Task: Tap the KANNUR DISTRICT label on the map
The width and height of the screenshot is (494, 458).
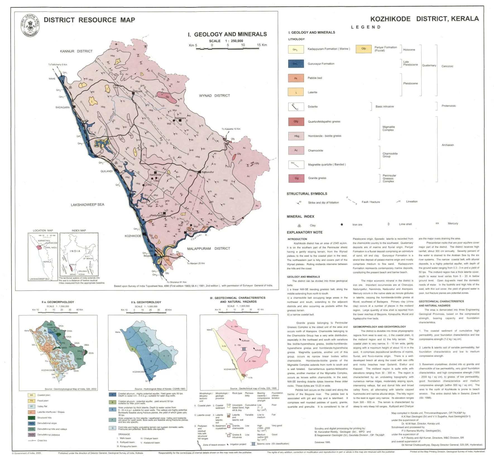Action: pyautogui.click(x=76, y=51)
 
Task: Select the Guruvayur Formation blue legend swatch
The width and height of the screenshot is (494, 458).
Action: pyautogui.click(x=296, y=64)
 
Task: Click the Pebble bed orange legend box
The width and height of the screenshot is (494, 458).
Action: pyautogui.click(x=296, y=78)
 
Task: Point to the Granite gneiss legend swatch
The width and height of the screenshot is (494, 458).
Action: pyautogui.click(x=296, y=178)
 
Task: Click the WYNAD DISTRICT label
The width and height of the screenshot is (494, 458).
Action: pyautogui.click(x=214, y=96)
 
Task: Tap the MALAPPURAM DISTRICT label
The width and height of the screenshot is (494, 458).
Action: pyautogui.click(x=208, y=248)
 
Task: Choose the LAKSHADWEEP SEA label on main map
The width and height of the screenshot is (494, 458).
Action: pyautogui.click(x=87, y=205)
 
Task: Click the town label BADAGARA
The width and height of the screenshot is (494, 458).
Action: pyautogui.click(x=63, y=107)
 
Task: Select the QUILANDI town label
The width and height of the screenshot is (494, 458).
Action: pyautogui.click(x=106, y=171)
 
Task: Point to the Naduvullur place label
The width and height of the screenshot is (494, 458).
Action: pyautogui.click(x=208, y=172)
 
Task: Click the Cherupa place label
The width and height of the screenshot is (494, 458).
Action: pyautogui.click(x=192, y=231)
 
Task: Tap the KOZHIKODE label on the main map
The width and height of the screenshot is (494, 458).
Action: pyautogui.click(x=133, y=236)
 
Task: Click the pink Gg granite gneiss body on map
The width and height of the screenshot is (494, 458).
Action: pyautogui.click(x=167, y=96)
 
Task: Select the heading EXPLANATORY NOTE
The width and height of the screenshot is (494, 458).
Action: pyautogui.click(x=304, y=232)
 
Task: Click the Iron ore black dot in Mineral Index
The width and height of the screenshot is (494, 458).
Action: pyautogui.click(x=342, y=224)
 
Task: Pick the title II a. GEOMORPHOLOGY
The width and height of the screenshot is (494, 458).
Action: pyautogui.click(x=58, y=302)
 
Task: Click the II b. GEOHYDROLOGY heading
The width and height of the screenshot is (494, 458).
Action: pyautogui.click(x=146, y=302)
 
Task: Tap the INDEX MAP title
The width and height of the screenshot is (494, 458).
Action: pyautogui.click(x=79, y=231)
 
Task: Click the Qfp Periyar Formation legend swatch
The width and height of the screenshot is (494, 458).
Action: pyautogui.click(x=363, y=49)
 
